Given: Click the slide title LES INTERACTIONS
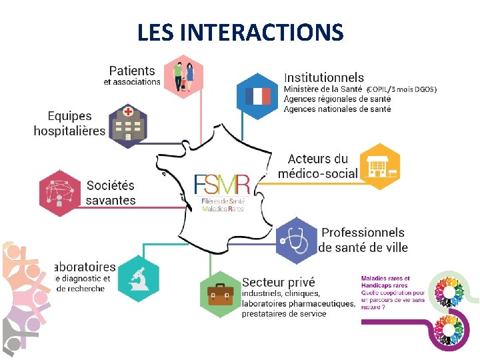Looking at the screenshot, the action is coord(240,32).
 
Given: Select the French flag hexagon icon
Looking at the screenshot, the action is coord(257,96).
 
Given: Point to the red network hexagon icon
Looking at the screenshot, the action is coord(61,194).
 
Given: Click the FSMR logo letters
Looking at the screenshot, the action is coord(223,185).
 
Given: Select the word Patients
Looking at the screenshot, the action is coord(132,71).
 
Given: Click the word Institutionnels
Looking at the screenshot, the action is coord(324,77).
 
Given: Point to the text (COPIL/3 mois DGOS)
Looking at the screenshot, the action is coord(401,89).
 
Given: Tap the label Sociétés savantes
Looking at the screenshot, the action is coord(111,193).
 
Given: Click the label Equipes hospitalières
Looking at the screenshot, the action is coord(70,123).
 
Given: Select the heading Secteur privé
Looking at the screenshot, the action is coord(279,283).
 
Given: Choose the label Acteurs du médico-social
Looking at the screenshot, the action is coord(318,167).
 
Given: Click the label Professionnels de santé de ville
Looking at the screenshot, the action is coord(363,240).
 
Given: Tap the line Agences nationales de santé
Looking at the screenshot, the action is coord(337,109).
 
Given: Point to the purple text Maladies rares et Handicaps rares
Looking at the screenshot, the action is coord(385,282).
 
